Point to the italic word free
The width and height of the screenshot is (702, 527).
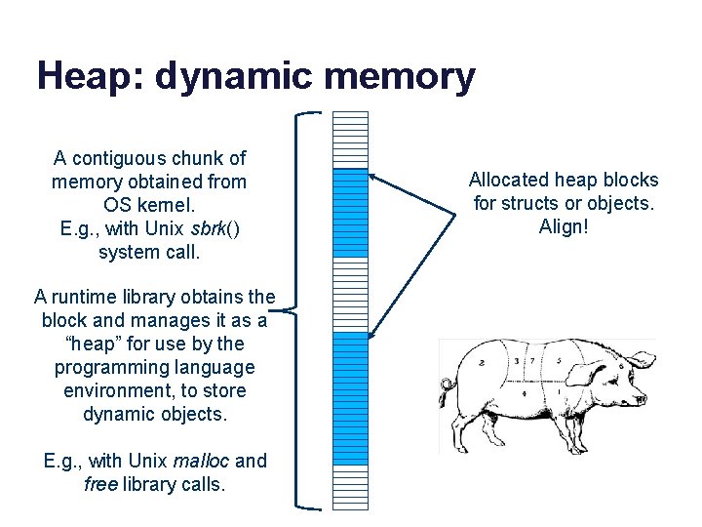pyautogui.click(x=101, y=484)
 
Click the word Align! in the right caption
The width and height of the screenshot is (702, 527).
pyautogui.click(x=564, y=226)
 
